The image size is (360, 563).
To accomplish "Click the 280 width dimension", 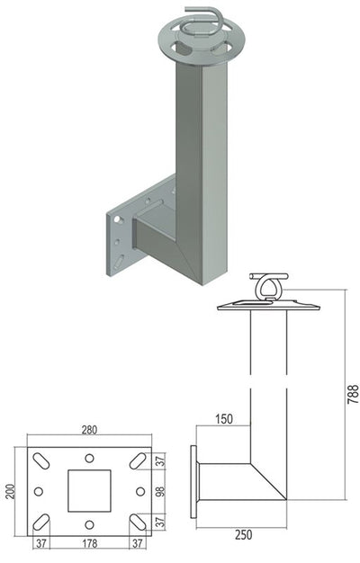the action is click(x=89, y=430).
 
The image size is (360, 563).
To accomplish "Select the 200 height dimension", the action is click(x=11, y=492).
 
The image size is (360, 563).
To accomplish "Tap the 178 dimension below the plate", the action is click(x=89, y=543).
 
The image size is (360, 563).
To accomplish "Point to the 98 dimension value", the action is click(x=160, y=491).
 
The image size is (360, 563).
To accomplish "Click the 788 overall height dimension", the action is click(x=353, y=394).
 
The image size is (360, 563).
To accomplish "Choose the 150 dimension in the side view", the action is click(x=224, y=419).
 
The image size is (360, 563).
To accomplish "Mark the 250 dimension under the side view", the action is click(x=244, y=535).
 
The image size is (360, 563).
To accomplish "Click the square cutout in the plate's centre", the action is click(x=89, y=491).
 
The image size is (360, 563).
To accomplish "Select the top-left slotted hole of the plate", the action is click(x=41, y=461).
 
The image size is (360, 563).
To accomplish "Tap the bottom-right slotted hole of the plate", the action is click(x=138, y=522).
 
